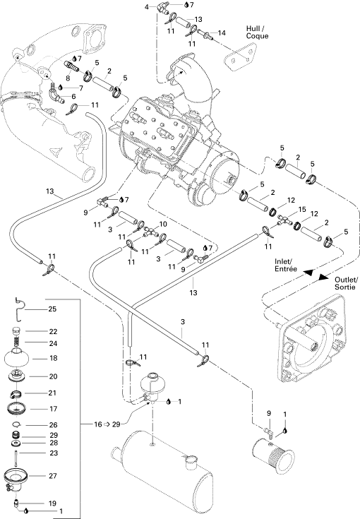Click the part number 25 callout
[x=52, y=309]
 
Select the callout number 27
[x=53, y=476]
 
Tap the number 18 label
[x=53, y=358]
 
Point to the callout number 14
[x=222, y=32]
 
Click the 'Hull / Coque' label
[x=257, y=32]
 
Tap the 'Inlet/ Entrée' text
[x=286, y=265]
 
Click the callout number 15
[x=302, y=210]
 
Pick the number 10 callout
[x=163, y=225]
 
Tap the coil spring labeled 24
[x=16, y=342]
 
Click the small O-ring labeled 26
[x=16, y=424]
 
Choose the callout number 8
[x=68, y=78]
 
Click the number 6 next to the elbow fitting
[x=73, y=96]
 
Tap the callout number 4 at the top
[x=147, y=6]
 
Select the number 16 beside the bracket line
[x=97, y=424]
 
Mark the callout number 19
[x=52, y=503]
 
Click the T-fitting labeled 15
[x=283, y=221]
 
